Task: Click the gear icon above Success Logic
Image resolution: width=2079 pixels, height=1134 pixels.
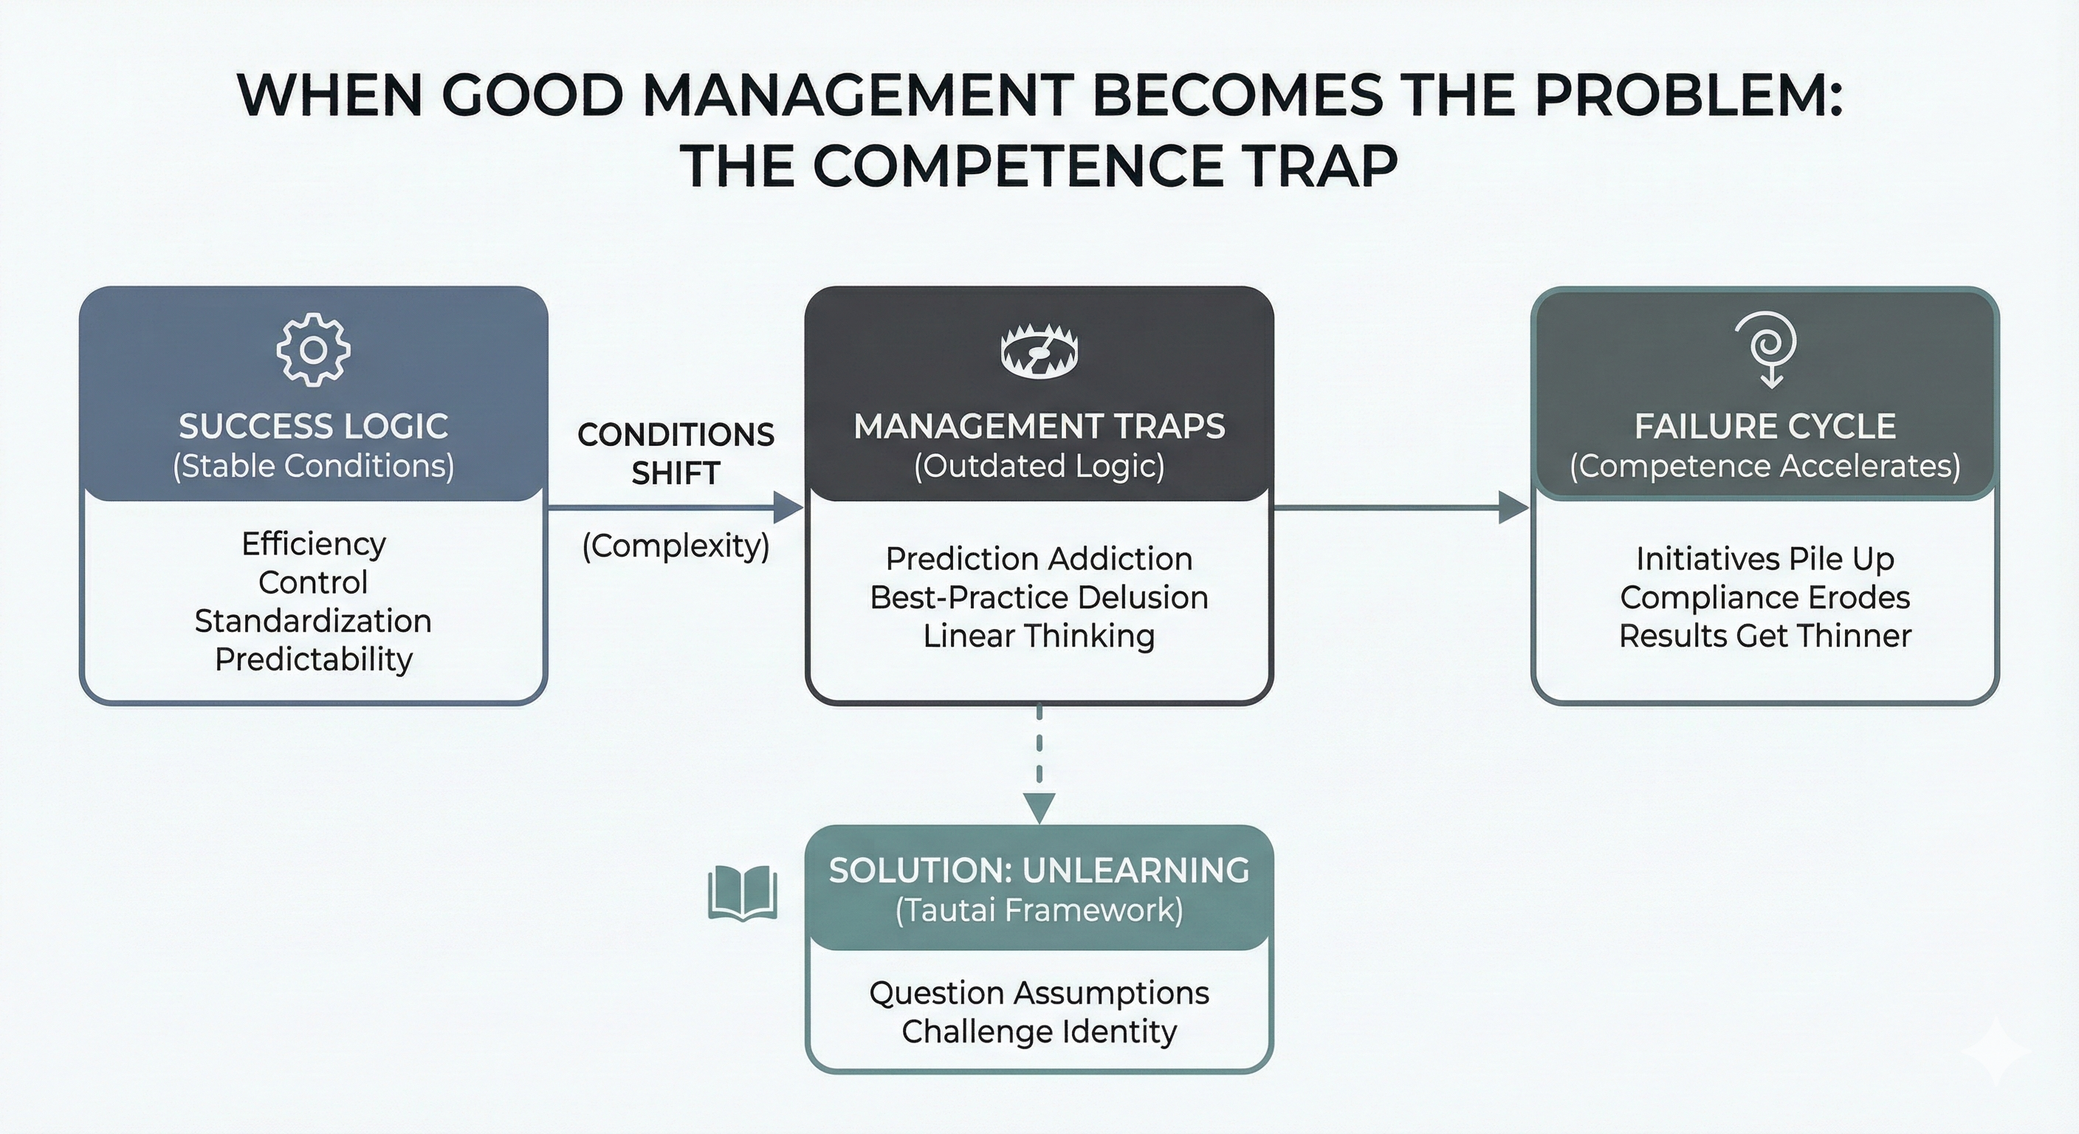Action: point(313,349)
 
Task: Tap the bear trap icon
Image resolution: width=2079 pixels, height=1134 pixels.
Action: point(1039,352)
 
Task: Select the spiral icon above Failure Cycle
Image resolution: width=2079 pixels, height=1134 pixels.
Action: point(1767,348)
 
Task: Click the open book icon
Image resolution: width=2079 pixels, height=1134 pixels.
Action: point(743,893)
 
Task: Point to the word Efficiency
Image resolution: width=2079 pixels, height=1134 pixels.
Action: point(313,544)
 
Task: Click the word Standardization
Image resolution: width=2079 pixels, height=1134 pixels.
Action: point(313,621)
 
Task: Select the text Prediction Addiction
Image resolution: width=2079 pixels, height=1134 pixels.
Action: point(1039,559)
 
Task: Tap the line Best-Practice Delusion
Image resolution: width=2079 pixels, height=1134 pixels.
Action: point(1039,597)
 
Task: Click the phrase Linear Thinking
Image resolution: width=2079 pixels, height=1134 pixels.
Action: point(1039,636)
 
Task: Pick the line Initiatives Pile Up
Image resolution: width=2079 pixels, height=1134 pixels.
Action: point(1765,559)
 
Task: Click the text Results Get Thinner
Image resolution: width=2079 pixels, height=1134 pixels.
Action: point(1765,636)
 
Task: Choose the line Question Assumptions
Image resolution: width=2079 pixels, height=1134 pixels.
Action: point(1039,993)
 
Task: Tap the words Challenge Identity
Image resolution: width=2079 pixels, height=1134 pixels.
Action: point(1039,1031)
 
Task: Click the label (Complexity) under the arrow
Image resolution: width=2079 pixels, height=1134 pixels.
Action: point(676,546)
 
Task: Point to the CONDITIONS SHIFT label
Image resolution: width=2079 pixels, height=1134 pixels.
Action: point(676,453)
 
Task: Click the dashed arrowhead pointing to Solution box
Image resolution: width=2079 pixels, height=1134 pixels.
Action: point(1039,807)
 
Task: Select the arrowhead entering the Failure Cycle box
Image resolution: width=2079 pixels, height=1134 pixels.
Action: point(1513,508)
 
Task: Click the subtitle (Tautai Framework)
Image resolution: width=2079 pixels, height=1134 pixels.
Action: point(1039,910)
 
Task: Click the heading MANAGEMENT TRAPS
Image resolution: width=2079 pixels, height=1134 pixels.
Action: point(1039,426)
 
